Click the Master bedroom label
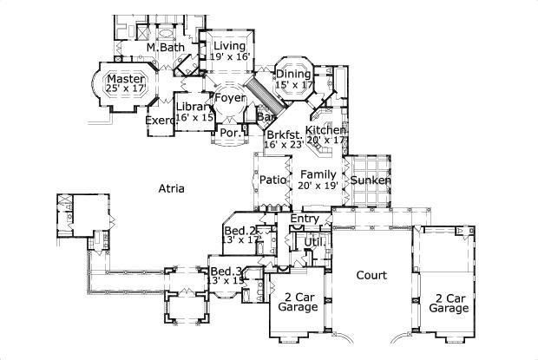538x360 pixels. [x=125, y=76]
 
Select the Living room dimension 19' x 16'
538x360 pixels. [x=230, y=56]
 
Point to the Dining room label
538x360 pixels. [x=292, y=75]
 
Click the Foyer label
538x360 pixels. [x=231, y=98]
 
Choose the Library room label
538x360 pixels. [x=192, y=107]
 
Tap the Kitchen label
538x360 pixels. [x=325, y=129]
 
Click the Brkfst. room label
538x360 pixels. [x=284, y=134]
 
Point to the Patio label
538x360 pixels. [x=273, y=180]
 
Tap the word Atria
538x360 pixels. [x=170, y=187]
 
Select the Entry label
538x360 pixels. [x=305, y=219]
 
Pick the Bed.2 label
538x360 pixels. [x=240, y=231]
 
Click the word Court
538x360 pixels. [x=371, y=275]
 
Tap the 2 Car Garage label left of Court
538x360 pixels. [x=295, y=301]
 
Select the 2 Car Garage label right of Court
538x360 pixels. [x=449, y=302]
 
